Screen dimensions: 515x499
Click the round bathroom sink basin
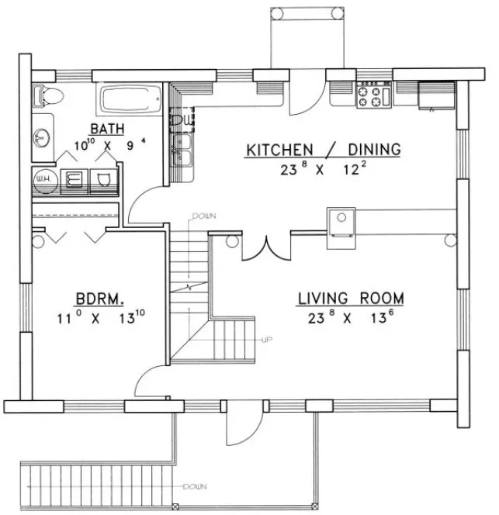[x=42, y=139]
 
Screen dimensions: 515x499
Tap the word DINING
[x=368, y=149]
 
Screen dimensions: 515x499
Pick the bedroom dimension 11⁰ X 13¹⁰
[x=101, y=316]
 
